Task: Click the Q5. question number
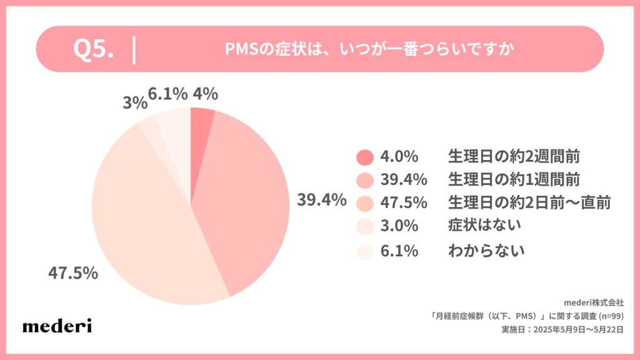pos(94,50)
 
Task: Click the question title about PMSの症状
pos(369,50)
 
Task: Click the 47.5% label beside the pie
pos(73,273)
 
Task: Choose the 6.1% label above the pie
pos(167,94)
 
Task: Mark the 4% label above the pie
pos(206,94)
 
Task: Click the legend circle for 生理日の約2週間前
pos(365,156)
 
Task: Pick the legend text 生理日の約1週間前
pos(514,180)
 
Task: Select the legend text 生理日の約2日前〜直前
pos(529,203)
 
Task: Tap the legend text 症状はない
pos(485,227)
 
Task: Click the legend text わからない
pos(485,251)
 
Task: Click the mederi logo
pos(57,325)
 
